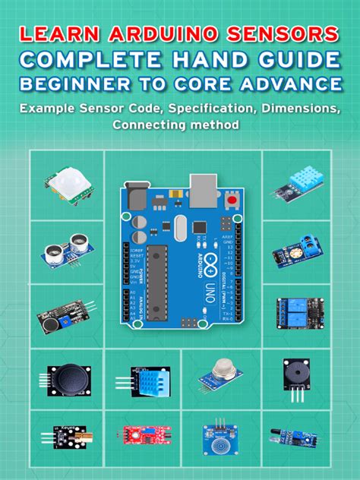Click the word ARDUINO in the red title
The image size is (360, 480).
tap(156, 34)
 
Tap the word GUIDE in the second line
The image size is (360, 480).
tap(293, 59)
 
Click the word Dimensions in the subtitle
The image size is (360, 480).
tap(299, 108)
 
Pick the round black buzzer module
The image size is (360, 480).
tap(296, 376)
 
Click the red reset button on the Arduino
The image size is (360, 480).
tap(230, 200)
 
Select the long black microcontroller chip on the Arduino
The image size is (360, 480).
tap(159, 281)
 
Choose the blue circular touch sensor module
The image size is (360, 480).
tap(216, 438)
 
